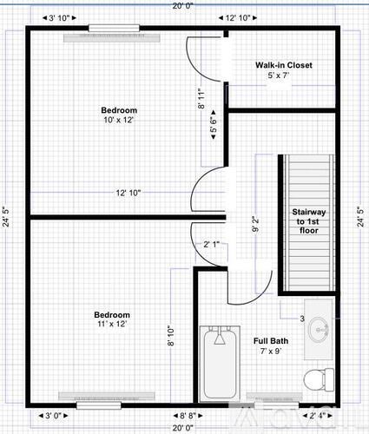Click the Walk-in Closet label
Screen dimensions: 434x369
point(283,65)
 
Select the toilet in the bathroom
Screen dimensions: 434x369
point(318,377)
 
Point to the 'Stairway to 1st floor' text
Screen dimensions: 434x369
point(306,221)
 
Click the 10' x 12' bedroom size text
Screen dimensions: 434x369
point(119,120)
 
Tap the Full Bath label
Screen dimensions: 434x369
point(271,341)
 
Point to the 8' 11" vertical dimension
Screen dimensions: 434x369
point(201,102)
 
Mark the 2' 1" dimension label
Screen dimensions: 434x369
point(212,244)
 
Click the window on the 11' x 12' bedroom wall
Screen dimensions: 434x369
point(98,404)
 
